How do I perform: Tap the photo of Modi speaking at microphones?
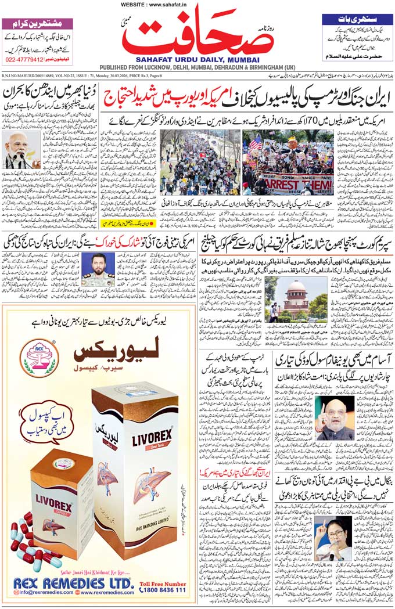(21, 150)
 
